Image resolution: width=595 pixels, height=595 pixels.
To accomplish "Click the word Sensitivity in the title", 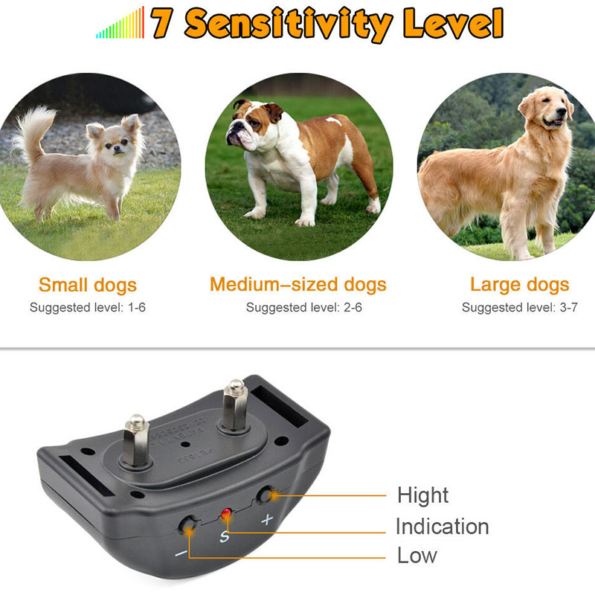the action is coord(289,25).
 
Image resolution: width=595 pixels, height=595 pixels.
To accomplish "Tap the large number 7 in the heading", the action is coord(162,23).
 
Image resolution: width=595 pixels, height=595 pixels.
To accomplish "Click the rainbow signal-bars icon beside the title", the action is coord(120,23).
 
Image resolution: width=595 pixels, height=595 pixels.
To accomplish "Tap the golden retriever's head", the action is coord(547,107).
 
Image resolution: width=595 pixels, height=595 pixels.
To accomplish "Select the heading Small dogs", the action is coord(88,285).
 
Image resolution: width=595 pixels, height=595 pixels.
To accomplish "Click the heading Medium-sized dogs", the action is coord(298,285).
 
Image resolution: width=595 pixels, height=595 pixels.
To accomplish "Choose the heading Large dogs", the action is coord(519,285).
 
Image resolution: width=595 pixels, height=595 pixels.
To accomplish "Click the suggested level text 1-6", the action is coord(137,307).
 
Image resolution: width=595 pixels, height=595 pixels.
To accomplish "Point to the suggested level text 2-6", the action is coord(353,307).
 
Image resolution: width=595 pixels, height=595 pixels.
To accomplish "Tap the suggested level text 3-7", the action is coord(569,307).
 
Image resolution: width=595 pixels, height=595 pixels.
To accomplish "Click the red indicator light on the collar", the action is coord(226,514).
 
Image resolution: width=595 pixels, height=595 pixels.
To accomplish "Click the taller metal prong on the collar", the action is coord(235,405).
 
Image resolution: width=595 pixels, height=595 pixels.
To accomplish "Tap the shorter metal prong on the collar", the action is coord(136,441).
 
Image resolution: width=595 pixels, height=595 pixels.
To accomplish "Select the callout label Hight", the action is coord(422,495).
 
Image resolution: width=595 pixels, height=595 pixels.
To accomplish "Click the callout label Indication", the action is coord(442,527).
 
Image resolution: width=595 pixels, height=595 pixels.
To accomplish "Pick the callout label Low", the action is coord(417,556).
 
